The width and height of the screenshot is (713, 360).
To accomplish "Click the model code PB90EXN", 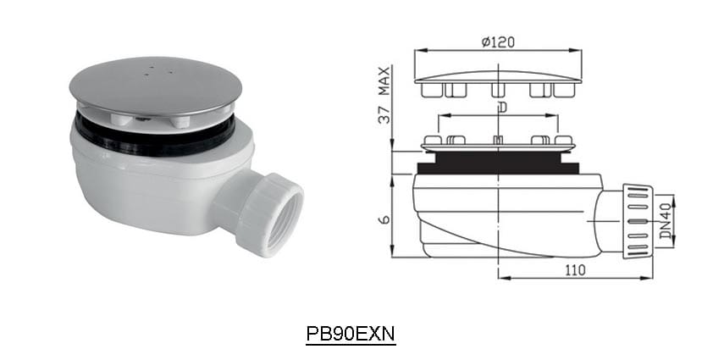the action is click(x=351, y=334).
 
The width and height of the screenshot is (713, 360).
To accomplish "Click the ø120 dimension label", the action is click(x=499, y=42).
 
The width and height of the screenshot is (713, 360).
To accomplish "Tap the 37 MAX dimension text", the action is click(x=384, y=95).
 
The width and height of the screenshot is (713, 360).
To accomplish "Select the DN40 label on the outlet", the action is click(x=666, y=221).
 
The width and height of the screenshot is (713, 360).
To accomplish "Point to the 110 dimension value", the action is click(x=575, y=270).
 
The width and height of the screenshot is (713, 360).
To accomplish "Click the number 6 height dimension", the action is click(x=384, y=219).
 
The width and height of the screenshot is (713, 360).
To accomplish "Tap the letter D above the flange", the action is click(x=502, y=107).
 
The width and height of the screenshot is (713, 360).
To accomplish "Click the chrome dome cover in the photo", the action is click(x=156, y=86).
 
